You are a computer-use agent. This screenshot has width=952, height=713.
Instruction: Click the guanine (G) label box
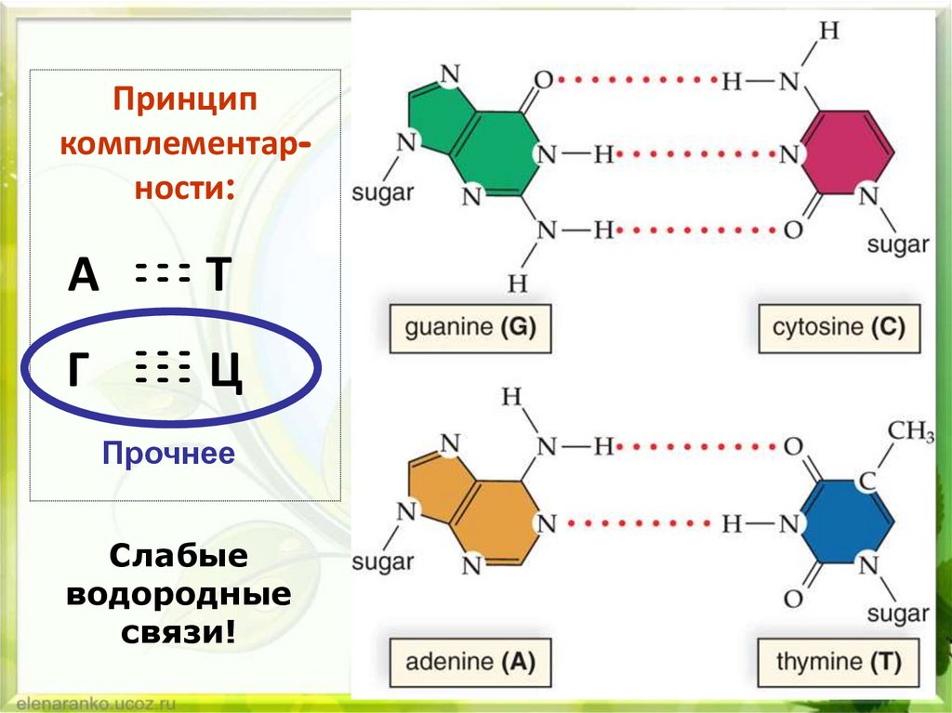pyautogui.click(x=470, y=327)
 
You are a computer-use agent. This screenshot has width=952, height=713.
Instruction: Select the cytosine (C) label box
pyautogui.click(x=838, y=327)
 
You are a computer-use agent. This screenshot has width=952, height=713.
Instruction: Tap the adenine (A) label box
pyautogui.click(x=470, y=662)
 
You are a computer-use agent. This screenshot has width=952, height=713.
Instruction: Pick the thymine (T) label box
pyautogui.click(x=837, y=662)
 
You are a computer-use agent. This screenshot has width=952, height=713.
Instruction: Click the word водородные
pyautogui.click(x=178, y=595)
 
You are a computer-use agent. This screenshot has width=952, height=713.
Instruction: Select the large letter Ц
pyautogui.click(x=226, y=374)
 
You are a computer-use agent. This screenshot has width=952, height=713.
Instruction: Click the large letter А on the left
pyautogui.click(x=84, y=276)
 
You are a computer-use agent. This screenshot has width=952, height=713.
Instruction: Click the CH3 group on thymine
pyautogui.click(x=910, y=432)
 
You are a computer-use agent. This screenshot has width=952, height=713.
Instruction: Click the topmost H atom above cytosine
pyautogui.click(x=829, y=30)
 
